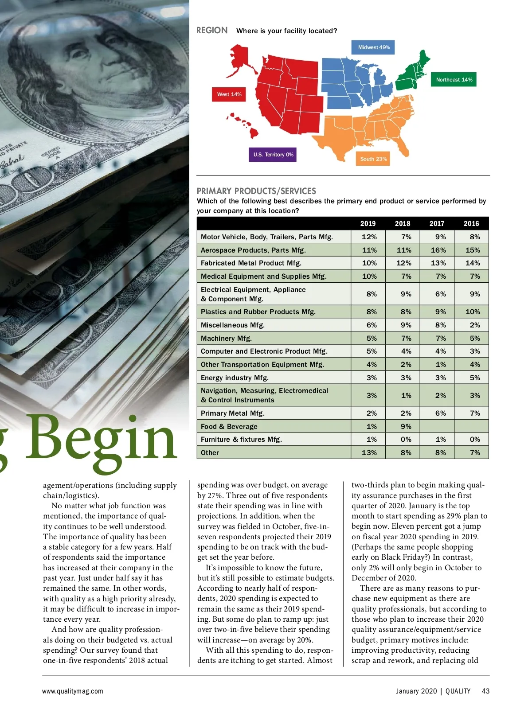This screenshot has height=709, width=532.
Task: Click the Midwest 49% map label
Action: tap(374, 47)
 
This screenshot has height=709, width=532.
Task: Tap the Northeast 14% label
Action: tap(454, 80)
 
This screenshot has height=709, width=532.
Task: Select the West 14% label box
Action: tap(229, 94)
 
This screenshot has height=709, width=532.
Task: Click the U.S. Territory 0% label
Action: tap(273, 155)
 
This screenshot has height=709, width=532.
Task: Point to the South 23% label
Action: tap(373, 159)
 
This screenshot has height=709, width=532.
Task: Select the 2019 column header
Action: tap(368, 224)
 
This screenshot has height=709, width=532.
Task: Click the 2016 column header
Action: tap(471, 224)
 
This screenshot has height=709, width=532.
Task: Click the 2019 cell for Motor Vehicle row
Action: tap(369, 237)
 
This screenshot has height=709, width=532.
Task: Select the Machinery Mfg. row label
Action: tap(226, 338)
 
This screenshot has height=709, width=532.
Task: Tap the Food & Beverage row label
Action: tap(229, 426)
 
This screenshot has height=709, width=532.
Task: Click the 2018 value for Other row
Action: tap(406, 452)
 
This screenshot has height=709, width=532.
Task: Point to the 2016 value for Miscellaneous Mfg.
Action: tap(474, 325)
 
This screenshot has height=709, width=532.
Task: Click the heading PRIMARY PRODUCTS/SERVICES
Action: tap(256, 191)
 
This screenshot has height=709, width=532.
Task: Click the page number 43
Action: tap(485, 691)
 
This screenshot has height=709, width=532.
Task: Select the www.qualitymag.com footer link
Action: tap(73, 691)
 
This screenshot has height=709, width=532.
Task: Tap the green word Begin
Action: tap(102, 439)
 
